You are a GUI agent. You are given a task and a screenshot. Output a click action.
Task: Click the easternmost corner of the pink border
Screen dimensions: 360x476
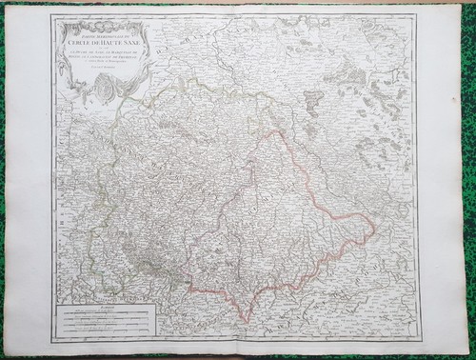tap(374, 230)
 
